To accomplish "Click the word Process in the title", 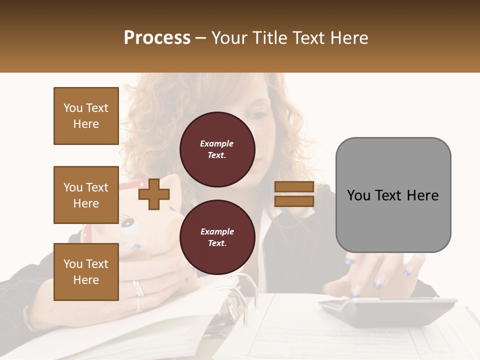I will [157, 38].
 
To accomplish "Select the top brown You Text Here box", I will [86, 116].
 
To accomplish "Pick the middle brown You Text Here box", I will [86, 195].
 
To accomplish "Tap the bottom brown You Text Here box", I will [86, 271].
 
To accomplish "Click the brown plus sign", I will [153, 194].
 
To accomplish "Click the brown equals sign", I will [294, 194].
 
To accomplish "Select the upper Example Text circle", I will [217, 149].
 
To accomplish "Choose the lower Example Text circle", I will [217, 237].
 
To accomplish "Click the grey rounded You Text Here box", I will [393, 195].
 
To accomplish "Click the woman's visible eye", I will [258, 115].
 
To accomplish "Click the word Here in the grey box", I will [422, 195].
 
